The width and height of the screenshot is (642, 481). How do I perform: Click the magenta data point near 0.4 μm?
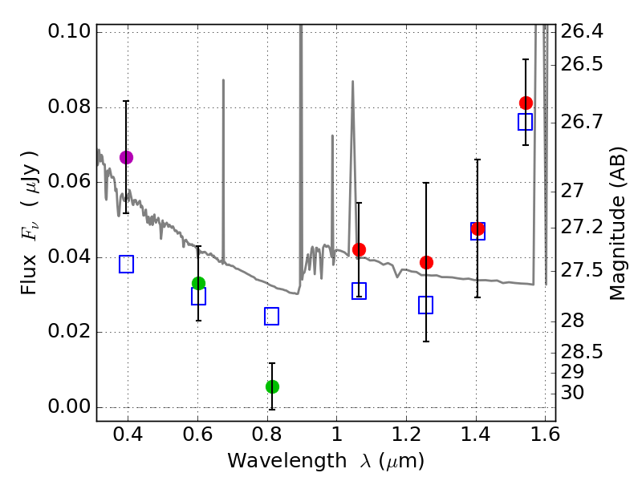(x=126, y=157)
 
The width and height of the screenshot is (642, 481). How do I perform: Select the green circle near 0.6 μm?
(x=198, y=283)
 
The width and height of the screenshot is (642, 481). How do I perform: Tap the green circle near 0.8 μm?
(x=272, y=386)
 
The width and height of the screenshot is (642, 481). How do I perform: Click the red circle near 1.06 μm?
(x=359, y=249)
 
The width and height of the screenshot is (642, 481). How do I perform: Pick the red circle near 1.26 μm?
(x=426, y=262)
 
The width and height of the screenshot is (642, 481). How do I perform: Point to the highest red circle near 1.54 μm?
(x=526, y=103)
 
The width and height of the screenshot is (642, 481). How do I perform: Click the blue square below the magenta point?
(x=126, y=264)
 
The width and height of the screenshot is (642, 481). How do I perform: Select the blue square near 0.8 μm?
(x=272, y=316)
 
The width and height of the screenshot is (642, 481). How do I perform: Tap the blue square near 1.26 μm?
(x=426, y=305)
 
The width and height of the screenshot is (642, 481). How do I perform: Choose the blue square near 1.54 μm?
(x=526, y=122)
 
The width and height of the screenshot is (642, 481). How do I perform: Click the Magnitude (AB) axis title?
(x=617, y=223)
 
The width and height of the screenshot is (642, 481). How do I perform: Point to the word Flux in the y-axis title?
(x=30, y=254)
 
